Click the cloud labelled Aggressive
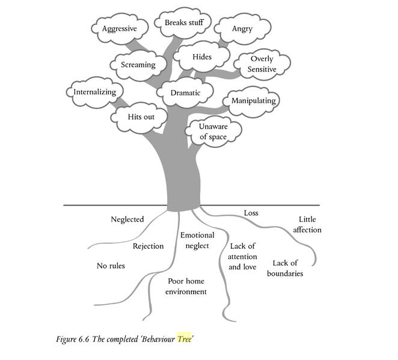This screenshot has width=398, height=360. tap(119, 29)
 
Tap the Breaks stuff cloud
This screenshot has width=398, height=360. tap(184, 23)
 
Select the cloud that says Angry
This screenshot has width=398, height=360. tap(242, 28)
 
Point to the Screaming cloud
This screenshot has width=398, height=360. tap(138, 65)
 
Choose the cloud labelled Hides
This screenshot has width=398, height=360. tap(202, 57)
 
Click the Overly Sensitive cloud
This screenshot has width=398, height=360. tap(263, 64)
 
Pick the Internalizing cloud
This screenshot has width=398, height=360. tap(95, 92)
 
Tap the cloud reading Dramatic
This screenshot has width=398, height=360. tap(185, 93)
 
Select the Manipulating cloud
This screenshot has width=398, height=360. tap(253, 101)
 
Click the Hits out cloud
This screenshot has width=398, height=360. tap(141, 116)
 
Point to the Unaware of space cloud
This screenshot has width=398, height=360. tap(213, 132)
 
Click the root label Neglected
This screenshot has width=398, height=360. tap(127, 219)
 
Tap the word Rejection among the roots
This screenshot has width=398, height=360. tap(148, 246)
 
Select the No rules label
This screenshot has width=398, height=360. tap(111, 266)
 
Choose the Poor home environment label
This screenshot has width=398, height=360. tap(187, 286)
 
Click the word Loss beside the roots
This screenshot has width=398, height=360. tap(251, 213)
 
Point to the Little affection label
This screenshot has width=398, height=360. tap(307, 224)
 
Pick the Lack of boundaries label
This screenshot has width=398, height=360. tap(285, 268)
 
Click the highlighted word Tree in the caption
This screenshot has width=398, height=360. tap(183, 340)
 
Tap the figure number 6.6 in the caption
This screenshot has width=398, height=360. tap(89, 340)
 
